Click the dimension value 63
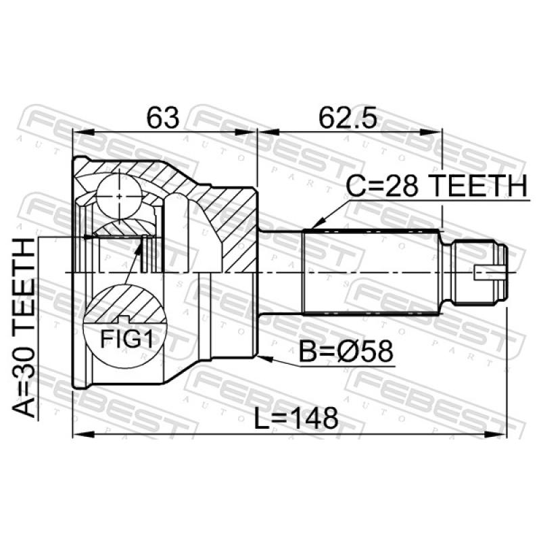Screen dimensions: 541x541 coord(163,118)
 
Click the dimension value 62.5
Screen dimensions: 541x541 coord(348,118)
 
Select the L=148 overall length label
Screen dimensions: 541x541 coord(296,418)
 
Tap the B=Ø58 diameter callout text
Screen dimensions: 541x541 coord(346,351)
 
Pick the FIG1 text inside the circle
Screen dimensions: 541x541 coord(126,339)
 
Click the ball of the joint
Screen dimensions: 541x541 coord(119,196)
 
